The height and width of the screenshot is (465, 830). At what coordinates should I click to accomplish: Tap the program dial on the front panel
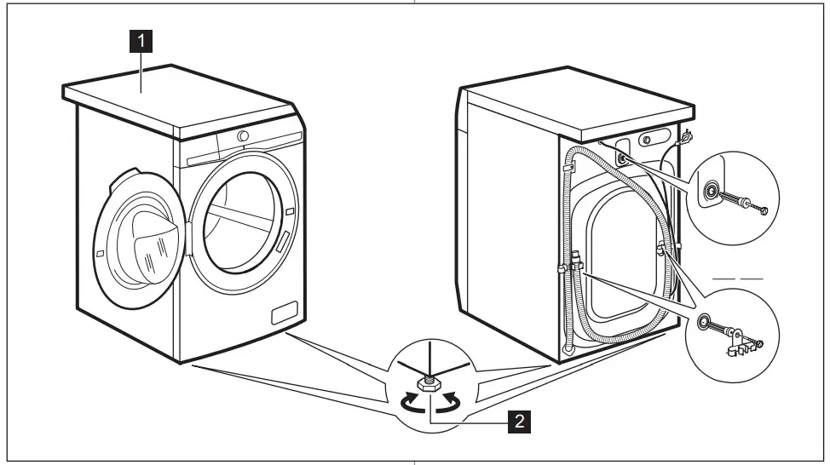tap(244, 136)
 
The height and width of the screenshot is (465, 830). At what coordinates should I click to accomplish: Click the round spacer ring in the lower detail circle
tap(706, 322)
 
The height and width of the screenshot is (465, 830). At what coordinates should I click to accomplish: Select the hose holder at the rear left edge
tap(566, 169)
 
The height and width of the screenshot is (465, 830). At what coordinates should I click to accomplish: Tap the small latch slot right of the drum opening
tap(291, 210)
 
